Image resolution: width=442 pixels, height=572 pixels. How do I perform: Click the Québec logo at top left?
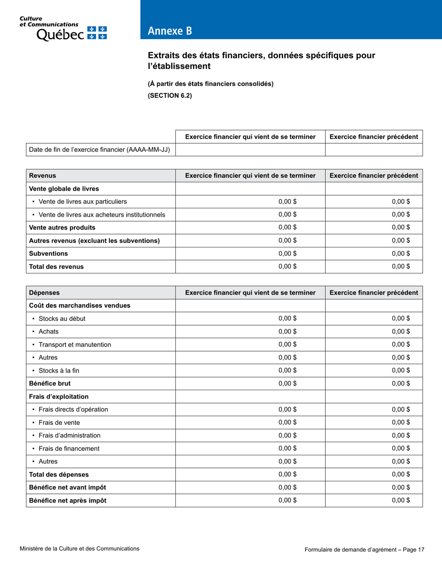click(63, 28)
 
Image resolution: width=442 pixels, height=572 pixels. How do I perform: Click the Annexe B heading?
click(169, 31)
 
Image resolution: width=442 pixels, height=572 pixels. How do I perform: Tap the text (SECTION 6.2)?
click(169, 96)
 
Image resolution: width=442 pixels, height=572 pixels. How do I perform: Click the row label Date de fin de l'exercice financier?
click(99, 150)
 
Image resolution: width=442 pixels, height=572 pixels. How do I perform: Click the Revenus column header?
click(42, 176)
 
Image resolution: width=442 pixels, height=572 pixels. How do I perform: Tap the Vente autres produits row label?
click(62, 228)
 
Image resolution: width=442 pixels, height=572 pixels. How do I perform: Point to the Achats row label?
click(48, 332)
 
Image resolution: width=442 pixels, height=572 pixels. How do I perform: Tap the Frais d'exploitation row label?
click(59, 397)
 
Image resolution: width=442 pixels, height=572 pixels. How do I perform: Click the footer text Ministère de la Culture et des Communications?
click(80, 549)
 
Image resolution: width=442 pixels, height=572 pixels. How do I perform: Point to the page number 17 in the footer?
click(421, 550)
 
